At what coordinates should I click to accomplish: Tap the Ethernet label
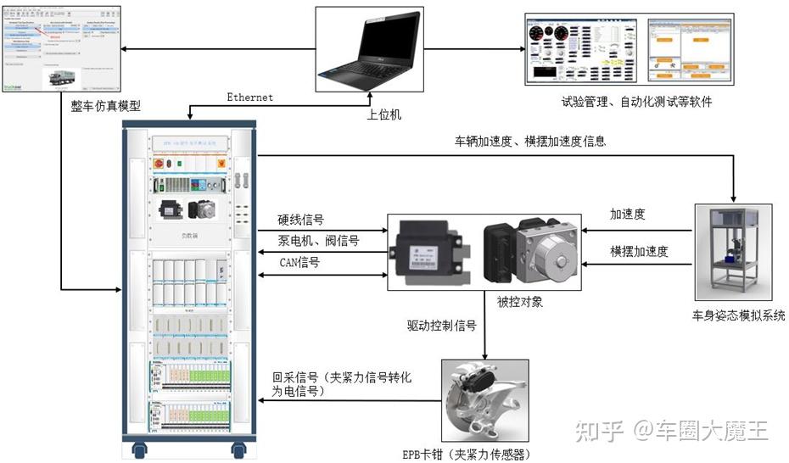pyautogui.click(x=249, y=98)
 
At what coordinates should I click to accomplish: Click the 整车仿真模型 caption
pyautogui.click(x=105, y=108)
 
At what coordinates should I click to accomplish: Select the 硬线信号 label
pyautogui.click(x=301, y=220)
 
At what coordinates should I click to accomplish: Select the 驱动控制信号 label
pyautogui.click(x=442, y=325)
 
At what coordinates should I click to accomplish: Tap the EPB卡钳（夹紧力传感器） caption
pyautogui.click(x=479, y=452)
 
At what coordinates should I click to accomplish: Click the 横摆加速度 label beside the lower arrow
pyautogui.click(x=639, y=252)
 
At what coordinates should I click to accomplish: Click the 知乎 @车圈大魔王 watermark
pyautogui.click(x=671, y=432)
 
